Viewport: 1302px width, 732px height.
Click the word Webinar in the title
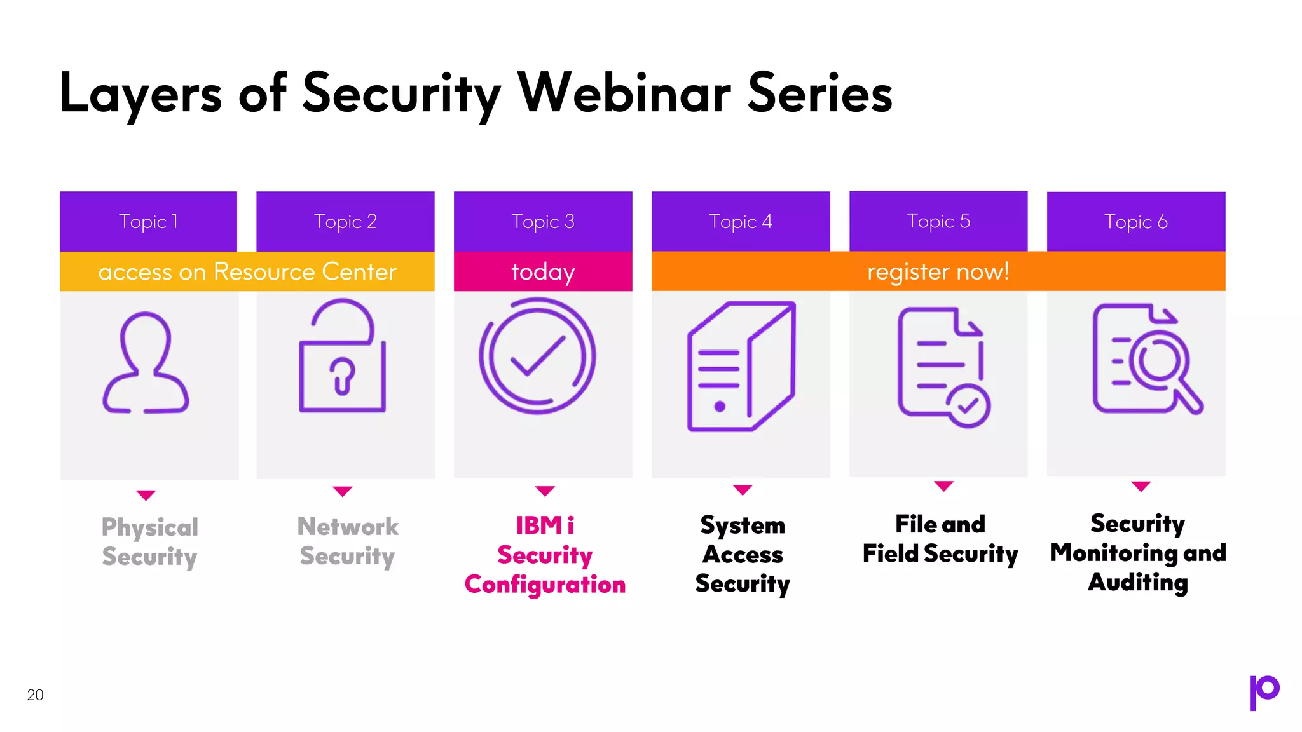click(x=624, y=93)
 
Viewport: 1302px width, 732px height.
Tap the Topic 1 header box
click(x=148, y=221)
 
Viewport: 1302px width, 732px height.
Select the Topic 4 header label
click(x=740, y=221)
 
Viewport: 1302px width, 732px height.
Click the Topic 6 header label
click(x=1135, y=222)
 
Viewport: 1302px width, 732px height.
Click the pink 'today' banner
click(x=543, y=271)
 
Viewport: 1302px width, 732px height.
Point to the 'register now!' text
click(x=938, y=271)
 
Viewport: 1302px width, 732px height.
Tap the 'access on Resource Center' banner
click(x=247, y=271)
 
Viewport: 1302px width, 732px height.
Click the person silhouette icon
click(x=146, y=363)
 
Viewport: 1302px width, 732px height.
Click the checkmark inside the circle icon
click(x=538, y=356)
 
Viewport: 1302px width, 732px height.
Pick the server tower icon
click(x=741, y=367)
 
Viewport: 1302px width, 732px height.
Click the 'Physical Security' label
click(x=149, y=541)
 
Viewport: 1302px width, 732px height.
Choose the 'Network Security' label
click(x=347, y=541)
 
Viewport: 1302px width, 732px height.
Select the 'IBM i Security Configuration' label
click(x=545, y=555)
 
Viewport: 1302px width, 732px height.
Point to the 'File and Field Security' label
click(x=940, y=539)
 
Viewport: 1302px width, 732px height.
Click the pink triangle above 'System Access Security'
click(x=742, y=489)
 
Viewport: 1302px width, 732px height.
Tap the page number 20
click(x=36, y=695)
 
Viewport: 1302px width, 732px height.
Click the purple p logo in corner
click(x=1264, y=692)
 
